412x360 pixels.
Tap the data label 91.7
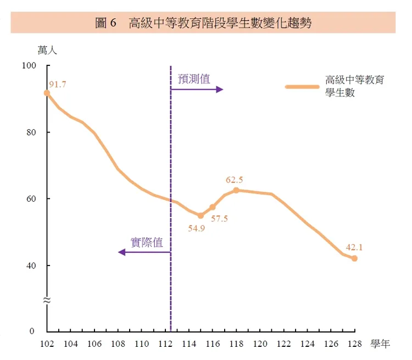(x=58, y=84)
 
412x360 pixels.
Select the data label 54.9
(x=196, y=228)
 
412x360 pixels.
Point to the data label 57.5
(x=219, y=219)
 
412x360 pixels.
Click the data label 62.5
(x=235, y=180)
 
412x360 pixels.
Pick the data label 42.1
(x=354, y=247)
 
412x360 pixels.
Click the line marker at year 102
(x=47, y=93)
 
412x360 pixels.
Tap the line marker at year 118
(x=236, y=190)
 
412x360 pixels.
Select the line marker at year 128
(x=355, y=258)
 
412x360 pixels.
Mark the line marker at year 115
(x=201, y=215)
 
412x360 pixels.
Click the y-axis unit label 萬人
(x=47, y=50)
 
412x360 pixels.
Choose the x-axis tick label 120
(x=260, y=344)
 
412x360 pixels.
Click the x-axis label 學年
(x=380, y=345)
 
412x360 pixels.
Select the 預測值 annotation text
(x=194, y=79)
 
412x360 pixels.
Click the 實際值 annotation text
(x=147, y=242)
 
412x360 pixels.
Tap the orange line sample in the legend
(x=302, y=86)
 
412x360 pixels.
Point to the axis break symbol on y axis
(x=47, y=300)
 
